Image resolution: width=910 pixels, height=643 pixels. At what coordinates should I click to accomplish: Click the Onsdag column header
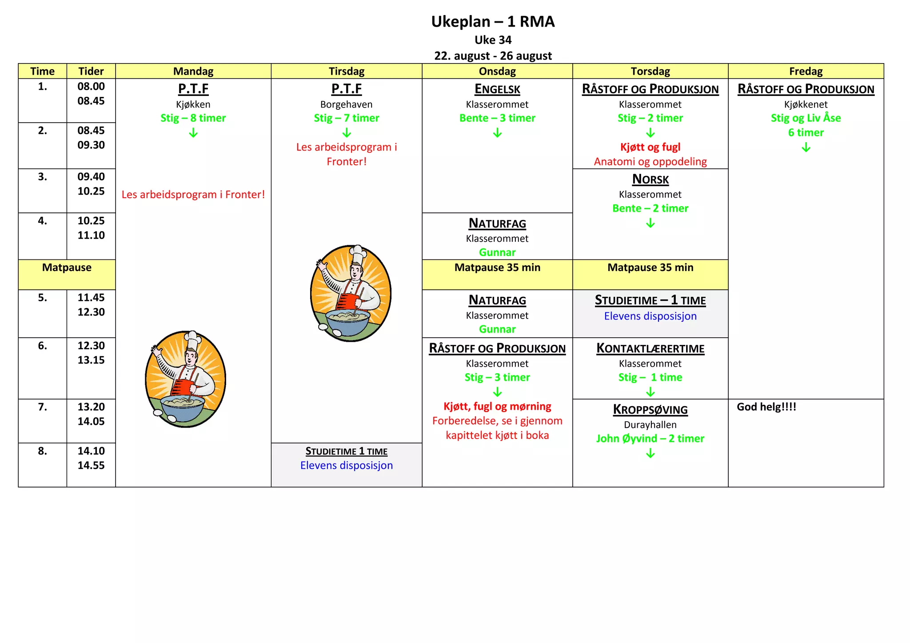point(497,71)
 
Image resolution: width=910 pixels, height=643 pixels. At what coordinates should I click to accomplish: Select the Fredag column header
point(806,71)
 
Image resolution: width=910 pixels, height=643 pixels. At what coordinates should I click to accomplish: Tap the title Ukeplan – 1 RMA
point(493,21)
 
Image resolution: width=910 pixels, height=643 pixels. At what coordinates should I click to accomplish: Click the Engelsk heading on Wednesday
point(497,89)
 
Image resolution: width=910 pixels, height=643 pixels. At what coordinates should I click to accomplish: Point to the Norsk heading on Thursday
point(650,180)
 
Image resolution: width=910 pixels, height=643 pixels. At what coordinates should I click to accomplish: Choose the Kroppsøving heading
point(650,410)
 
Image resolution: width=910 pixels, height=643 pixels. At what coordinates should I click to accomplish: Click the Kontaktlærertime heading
point(650,348)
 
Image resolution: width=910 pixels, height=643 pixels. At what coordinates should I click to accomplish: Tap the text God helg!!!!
point(766,407)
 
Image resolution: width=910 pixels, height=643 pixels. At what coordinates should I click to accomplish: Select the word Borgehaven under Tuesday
point(346,104)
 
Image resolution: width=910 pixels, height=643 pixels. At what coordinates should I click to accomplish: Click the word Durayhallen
point(650,425)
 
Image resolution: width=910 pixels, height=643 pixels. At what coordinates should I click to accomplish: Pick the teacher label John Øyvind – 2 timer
point(650,439)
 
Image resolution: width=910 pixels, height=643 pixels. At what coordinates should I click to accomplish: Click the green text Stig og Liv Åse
point(806,118)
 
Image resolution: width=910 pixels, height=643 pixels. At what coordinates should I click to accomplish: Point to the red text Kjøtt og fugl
point(650,147)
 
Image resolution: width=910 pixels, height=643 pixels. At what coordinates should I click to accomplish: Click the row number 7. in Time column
point(42,407)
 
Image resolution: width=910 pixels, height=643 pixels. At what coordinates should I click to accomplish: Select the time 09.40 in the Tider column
point(91,177)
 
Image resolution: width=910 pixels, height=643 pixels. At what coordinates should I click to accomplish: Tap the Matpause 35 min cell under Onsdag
point(497,268)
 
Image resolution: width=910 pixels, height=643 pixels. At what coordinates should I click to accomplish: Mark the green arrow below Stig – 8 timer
point(193,133)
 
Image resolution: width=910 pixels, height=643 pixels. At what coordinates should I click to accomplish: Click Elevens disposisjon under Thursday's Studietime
point(650,316)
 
